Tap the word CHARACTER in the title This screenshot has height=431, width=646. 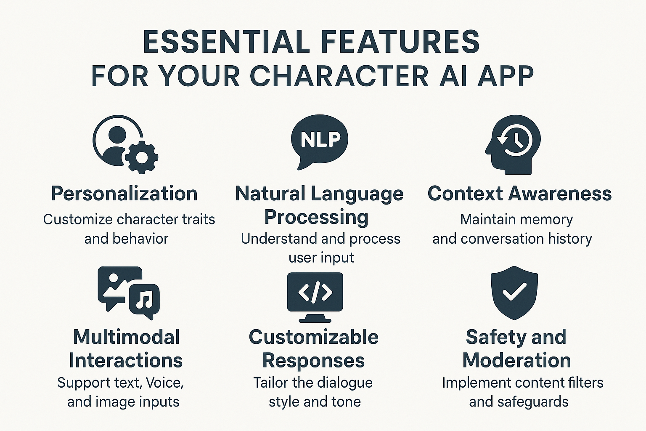340,76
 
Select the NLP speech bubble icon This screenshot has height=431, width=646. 320,142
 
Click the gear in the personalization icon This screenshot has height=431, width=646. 141,157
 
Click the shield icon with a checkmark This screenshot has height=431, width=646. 514,293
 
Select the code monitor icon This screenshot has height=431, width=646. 315,297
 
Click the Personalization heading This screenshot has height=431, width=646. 124,194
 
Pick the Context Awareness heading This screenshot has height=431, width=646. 520,194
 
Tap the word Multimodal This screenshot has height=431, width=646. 127,337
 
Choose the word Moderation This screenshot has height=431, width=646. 517,360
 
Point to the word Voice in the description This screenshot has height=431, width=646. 165,383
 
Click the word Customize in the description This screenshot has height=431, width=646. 78,220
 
